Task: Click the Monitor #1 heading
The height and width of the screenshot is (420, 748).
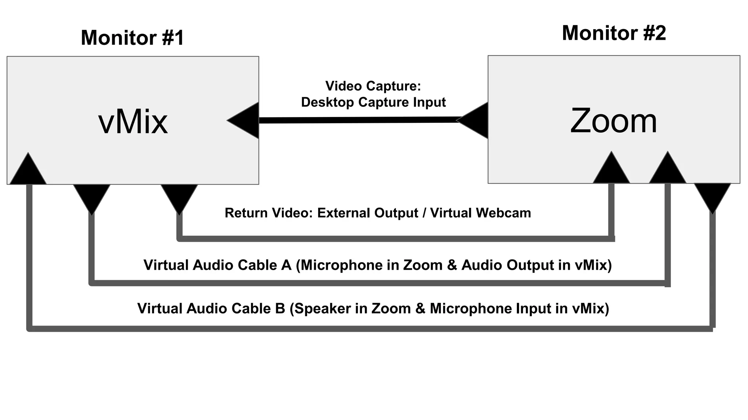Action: click(x=132, y=38)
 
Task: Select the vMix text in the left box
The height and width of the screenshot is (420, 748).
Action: click(x=133, y=122)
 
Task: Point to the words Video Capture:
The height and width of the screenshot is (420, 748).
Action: click(x=373, y=86)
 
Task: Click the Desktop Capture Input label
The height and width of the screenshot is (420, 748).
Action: click(x=373, y=102)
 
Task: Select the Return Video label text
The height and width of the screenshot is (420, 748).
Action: click(x=269, y=213)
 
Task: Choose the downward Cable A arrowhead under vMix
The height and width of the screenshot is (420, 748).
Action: click(x=92, y=197)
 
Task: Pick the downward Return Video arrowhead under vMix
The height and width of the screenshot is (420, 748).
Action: click(x=179, y=197)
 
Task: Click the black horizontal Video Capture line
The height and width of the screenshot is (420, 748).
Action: click(x=358, y=120)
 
